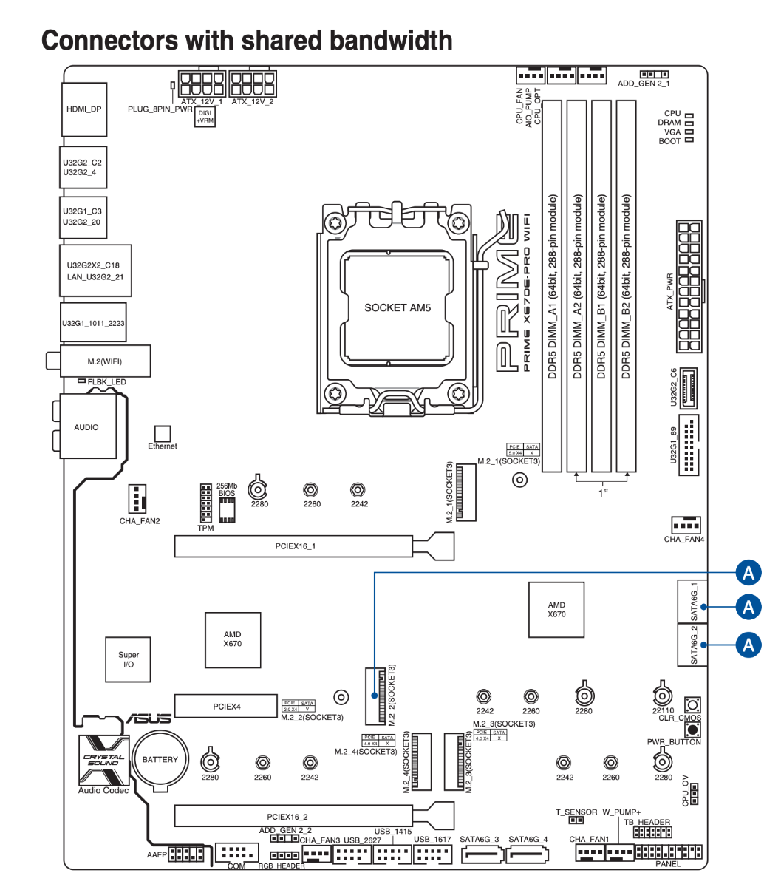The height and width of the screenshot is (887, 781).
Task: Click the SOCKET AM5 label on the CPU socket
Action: [397, 307]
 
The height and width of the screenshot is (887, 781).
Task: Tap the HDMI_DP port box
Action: [83, 109]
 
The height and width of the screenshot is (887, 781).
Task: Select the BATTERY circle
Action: [160, 760]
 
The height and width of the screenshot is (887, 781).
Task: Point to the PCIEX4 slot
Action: [226, 707]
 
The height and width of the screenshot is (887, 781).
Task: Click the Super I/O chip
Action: [129, 659]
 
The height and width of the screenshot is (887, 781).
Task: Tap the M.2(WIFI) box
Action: [104, 361]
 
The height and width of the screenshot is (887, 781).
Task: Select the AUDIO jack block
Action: [86, 427]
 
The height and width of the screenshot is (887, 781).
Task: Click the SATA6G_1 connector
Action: [692, 602]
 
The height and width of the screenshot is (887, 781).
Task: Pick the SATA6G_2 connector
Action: [692, 645]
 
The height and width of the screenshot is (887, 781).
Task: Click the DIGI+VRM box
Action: [205, 117]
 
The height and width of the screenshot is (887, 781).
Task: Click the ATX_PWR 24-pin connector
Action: [689, 287]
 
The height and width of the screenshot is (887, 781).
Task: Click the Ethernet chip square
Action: [162, 434]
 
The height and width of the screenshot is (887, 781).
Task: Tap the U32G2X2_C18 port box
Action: [95, 271]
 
